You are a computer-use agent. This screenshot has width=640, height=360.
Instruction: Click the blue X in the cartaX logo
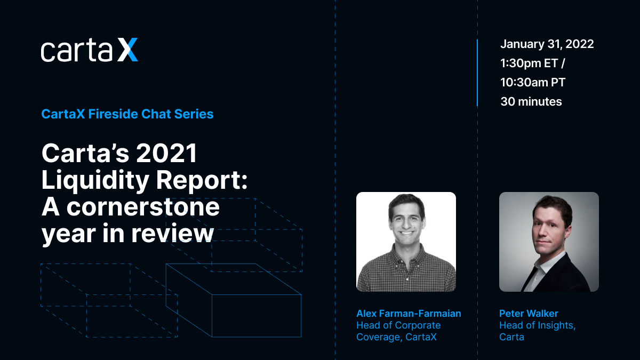coord(127,50)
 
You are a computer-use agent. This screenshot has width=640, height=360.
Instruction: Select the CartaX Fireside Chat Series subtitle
coord(127,114)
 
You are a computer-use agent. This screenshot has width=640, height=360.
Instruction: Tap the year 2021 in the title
coord(166,153)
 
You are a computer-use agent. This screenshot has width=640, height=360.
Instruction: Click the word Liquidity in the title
coord(95,181)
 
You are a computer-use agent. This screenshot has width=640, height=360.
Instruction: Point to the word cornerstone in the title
coord(143,207)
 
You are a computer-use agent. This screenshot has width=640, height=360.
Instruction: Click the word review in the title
coord(172,233)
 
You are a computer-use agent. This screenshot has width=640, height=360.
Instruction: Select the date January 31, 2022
coord(547,44)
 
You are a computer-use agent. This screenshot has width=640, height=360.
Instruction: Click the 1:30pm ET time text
coord(529,63)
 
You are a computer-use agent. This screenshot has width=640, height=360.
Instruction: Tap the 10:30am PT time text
coord(533,82)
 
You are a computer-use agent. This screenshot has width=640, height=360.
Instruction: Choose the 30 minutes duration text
coord(531,101)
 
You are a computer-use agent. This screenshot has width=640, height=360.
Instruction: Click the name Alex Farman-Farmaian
coord(409,314)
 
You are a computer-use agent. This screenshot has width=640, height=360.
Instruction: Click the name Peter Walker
coord(529,314)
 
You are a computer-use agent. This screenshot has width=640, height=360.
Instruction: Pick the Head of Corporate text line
coord(398,325)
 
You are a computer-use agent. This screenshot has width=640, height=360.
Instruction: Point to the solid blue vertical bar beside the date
coord(477,73)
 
